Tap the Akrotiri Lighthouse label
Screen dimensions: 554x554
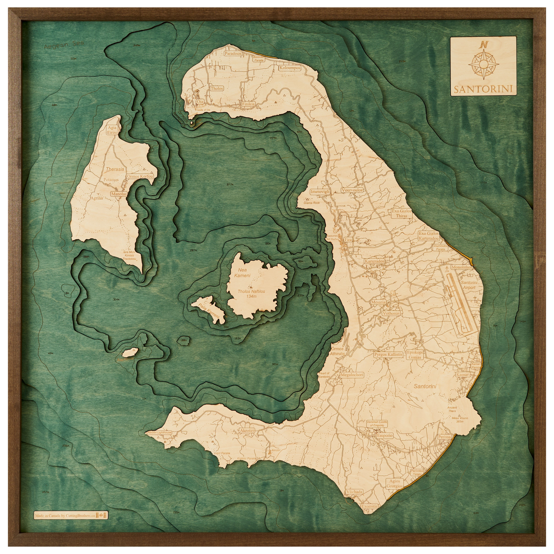[159, 432]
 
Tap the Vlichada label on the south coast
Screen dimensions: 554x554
[354, 491]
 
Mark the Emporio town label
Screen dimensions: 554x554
[385, 435]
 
